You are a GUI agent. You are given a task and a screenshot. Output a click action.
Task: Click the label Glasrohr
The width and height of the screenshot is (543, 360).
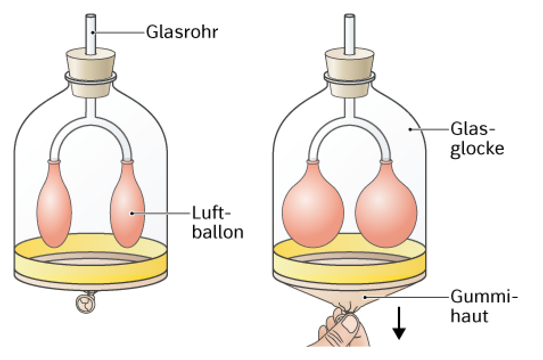coord(182,32)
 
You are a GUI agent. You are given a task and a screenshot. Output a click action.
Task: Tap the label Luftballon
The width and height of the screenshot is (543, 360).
coord(218,223)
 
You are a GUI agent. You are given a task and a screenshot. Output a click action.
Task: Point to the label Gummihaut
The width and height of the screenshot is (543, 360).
coord(484,306)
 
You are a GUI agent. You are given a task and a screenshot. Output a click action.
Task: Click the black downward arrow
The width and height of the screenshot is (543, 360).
coord(399,323)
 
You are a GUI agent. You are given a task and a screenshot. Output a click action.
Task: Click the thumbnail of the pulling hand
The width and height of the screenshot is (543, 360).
coord(352,326)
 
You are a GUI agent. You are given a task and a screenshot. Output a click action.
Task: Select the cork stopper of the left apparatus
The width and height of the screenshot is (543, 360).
coord(90,73)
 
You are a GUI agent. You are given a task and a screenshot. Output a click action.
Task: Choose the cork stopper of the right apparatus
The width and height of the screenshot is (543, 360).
coord(349,73)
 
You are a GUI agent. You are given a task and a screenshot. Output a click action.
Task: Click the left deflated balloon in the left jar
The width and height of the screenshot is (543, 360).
coord(54,204)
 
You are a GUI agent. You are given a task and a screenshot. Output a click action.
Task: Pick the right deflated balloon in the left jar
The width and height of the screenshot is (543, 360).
coord(127,204)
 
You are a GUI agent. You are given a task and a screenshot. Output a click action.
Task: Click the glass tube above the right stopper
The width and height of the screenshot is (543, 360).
coord(349,34)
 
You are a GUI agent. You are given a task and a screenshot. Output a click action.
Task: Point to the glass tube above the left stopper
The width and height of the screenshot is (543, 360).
coord(90,34)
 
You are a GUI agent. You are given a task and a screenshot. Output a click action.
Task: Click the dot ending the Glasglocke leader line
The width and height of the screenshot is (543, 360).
coord(410,129)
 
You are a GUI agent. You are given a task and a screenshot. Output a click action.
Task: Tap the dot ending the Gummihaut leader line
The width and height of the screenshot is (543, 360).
coord(364,297)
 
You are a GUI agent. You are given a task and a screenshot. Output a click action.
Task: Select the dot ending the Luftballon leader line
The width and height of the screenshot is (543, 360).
coord(131,213)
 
